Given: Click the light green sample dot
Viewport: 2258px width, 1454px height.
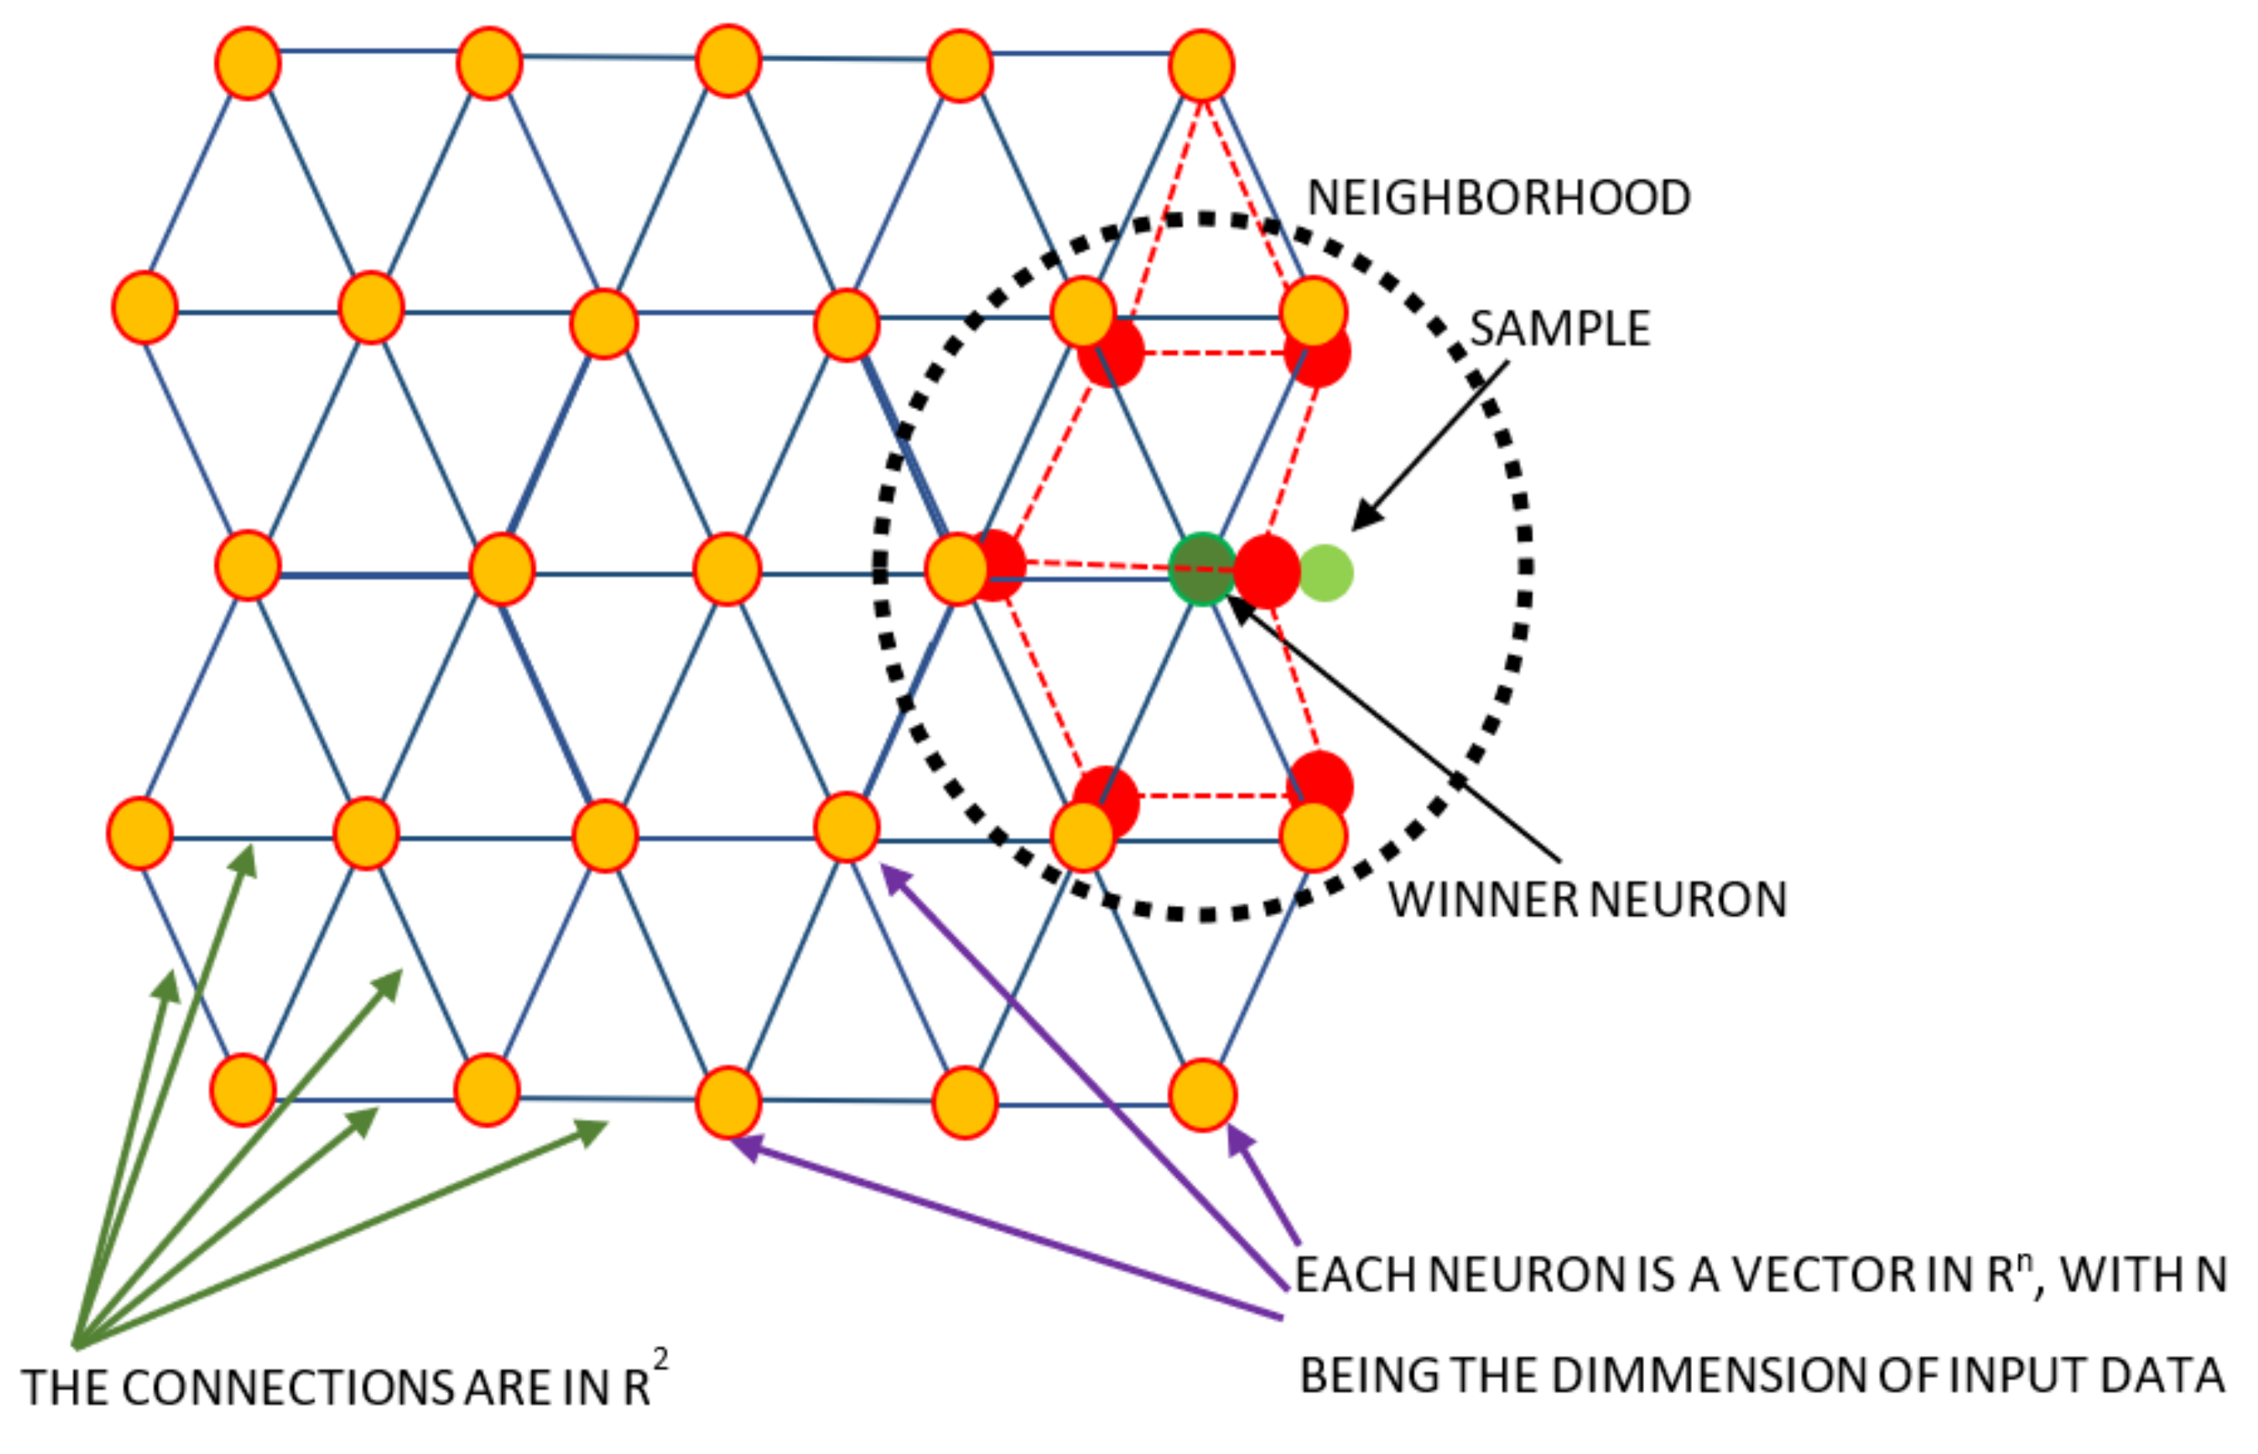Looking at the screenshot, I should coord(1325,572).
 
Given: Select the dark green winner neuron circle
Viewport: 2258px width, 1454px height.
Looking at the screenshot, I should coord(1202,568).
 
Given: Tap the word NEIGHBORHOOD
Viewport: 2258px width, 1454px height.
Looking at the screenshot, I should coord(1498,198).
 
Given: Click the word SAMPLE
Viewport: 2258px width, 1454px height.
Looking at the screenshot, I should coord(1560,329).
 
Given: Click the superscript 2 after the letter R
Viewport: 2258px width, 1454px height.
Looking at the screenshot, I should coord(661,1360).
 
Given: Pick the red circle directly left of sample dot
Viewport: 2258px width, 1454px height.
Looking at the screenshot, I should coord(1267,572).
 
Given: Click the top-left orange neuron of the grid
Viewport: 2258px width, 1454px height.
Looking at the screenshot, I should coord(247,63).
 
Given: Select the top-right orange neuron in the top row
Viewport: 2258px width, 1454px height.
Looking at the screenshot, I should coord(1201,65).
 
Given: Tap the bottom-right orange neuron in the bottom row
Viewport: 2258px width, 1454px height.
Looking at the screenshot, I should coord(1202,1095).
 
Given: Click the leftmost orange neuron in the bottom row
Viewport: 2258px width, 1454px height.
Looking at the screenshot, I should coord(243,1090).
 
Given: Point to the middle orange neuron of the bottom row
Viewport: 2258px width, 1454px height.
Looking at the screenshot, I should coord(728,1102).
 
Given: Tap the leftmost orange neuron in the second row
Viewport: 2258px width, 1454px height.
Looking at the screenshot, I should coord(145,308).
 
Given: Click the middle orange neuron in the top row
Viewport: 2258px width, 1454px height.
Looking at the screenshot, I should coord(728,61).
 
